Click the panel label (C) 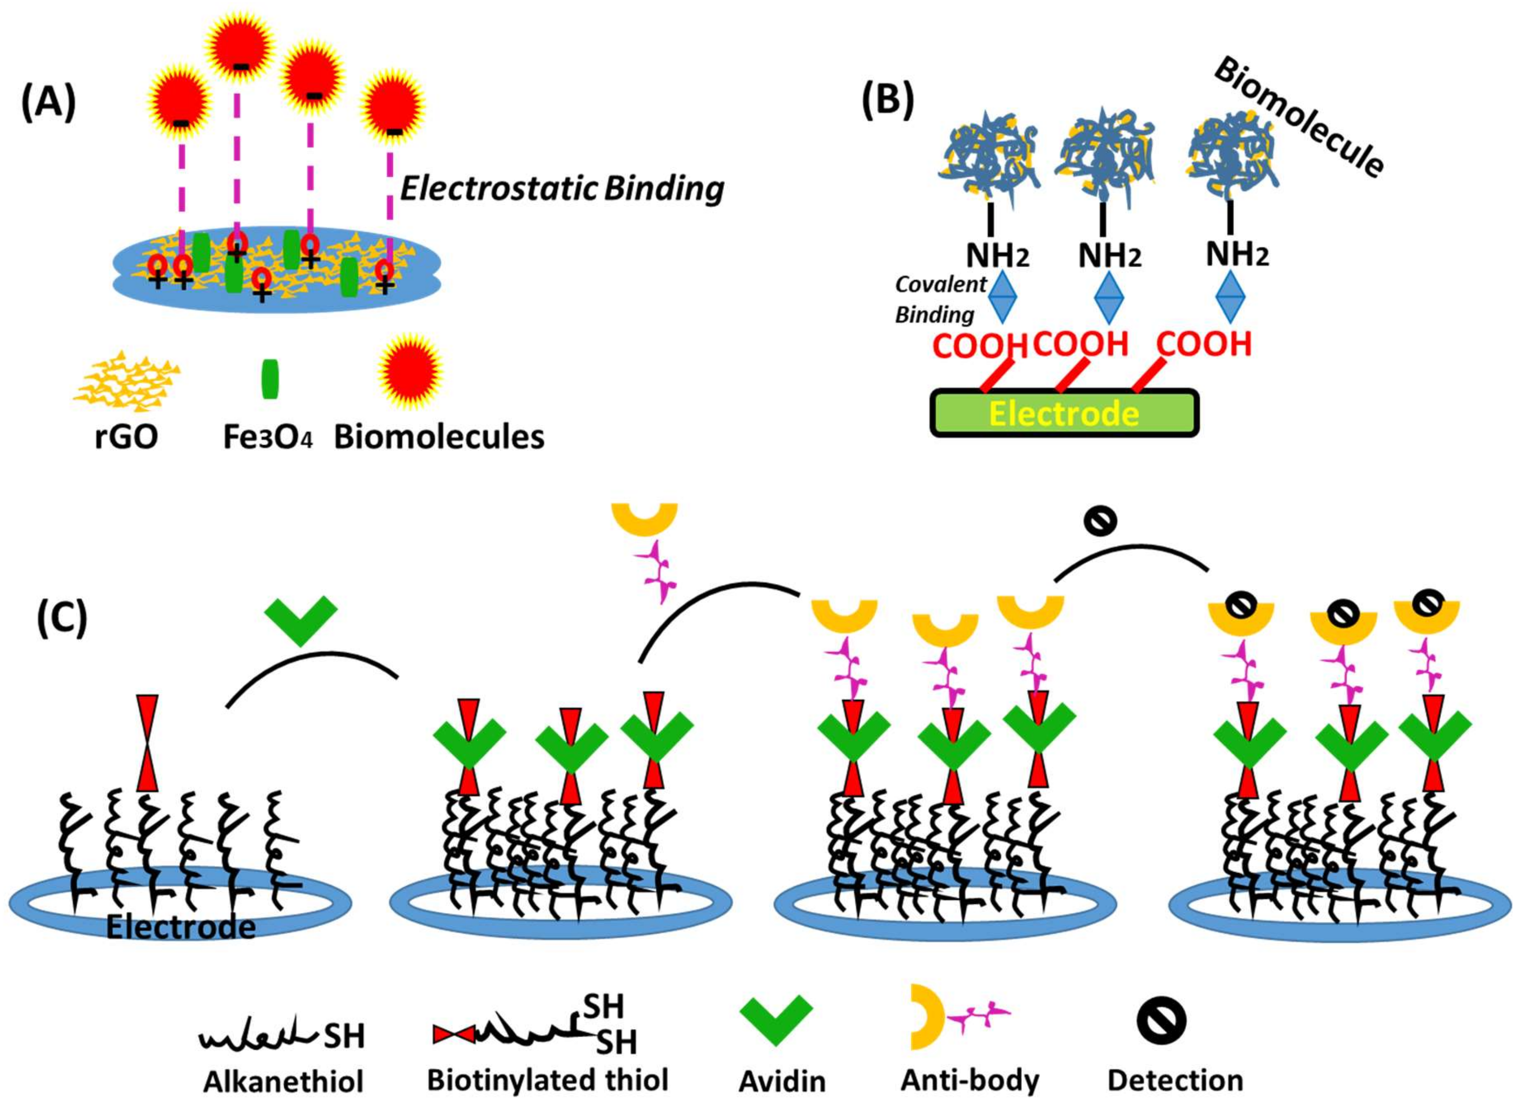click(62, 618)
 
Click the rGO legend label click(127, 437)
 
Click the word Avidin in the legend click(782, 1081)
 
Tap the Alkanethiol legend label click(283, 1082)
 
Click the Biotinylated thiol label click(547, 1080)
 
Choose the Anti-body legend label click(970, 1080)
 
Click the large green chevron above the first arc click(301, 620)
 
